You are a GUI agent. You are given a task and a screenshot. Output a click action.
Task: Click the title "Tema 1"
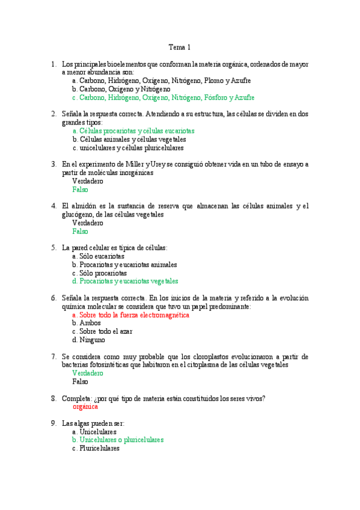click(x=179, y=47)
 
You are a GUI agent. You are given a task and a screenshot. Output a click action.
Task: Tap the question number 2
click(x=53, y=113)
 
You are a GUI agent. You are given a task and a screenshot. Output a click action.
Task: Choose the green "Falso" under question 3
click(x=80, y=189)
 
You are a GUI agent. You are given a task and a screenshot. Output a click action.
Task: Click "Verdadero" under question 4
click(x=88, y=223)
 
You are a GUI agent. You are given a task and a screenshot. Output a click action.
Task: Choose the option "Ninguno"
click(x=91, y=340)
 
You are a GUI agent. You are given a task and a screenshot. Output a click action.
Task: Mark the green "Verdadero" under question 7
click(x=88, y=373)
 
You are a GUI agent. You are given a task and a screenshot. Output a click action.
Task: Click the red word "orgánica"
click(x=85, y=407)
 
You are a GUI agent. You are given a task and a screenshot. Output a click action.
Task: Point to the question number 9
click(x=53, y=423)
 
